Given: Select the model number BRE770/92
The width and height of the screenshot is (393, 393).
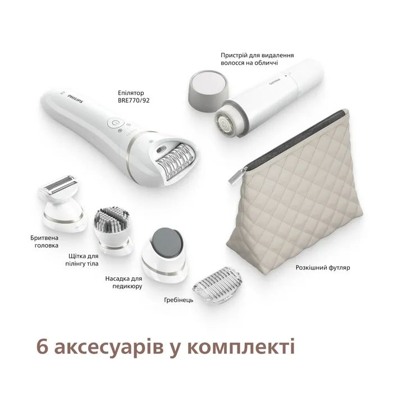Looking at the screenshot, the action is pyautogui.click(x=134, y=100).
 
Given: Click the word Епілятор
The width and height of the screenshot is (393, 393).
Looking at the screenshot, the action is pyautogui.click(x=131, y=93).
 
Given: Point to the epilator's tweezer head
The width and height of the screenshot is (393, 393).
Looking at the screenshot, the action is pyautogui.click(x=176, y=162).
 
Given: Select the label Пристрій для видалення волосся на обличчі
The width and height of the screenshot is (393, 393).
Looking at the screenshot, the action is pyautogui.click(x=257, y=59).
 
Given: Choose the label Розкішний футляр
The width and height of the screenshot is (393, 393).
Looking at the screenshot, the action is pyautogui.click(x=323, y=267).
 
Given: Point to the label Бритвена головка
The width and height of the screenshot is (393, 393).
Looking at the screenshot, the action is pyautogui.click(x=44, y=241).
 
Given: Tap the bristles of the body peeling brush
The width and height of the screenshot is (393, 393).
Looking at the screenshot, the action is pyautogui.click(x=112, y=218).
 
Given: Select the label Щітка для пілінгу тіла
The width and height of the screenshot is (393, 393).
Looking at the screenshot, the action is pyautogui.click(x=82, y=260).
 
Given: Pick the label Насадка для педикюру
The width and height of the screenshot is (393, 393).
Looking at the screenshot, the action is pyautogui.click(x=124, y=282).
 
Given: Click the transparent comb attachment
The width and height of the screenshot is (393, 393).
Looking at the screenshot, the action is pyautogui.click(x=218, y=285).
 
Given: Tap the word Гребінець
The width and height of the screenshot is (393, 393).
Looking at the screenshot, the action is pyautogui.click(x=179, y=300).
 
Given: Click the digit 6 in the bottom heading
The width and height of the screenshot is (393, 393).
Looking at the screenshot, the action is pyautogui.click(x=42, y=346).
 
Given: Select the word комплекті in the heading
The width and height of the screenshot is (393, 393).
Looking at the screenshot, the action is pyautogui.click(x=241, y=347).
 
